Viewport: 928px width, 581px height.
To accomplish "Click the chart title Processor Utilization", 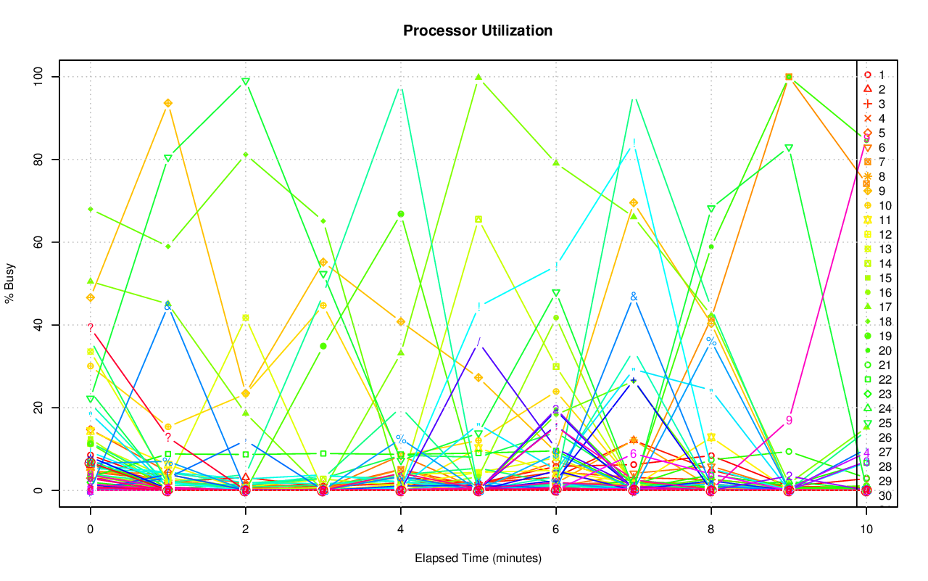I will pyautogui.click(x=478, y=30).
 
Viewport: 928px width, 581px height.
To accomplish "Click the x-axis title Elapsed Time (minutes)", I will pyautogui.click(x=478, y=559).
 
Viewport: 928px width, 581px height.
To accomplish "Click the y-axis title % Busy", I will pyautogui.click(x=11, y=284).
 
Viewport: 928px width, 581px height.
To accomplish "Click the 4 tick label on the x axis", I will pyautogui.click(x=400, y=530).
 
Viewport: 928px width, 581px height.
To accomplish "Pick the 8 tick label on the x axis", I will pyautogui.click(x=711, y=530).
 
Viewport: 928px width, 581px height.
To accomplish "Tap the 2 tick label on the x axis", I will pyautogui.click(x=245, y=530).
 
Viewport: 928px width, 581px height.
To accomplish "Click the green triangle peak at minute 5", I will pyautogui.click(x=478, y=77).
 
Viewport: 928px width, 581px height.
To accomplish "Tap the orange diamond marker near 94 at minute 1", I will pyautogui.click(x=167, y=103).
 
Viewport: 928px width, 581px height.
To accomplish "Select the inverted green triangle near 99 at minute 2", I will pyautogui.click(x=246, y=81).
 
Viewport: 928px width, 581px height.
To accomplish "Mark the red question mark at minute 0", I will pyautogui.click(x=90, y=328).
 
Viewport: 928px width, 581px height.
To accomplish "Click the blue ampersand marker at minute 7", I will pyautogui.click(x=634, y=297).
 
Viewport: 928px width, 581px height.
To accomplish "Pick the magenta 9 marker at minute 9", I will pyautogui.click(x=789, y=420).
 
